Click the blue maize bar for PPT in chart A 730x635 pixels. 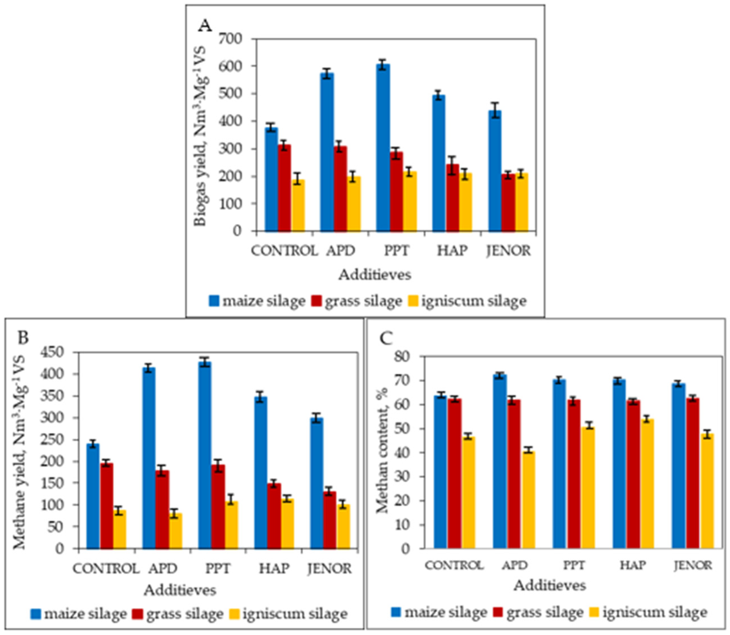tap(383, 149)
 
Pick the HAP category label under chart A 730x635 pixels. tap(453, 251)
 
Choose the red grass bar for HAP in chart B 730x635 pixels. tap(274, 516)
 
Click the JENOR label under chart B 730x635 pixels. tap(330, 568)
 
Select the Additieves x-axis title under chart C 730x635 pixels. tap(550, 585)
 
